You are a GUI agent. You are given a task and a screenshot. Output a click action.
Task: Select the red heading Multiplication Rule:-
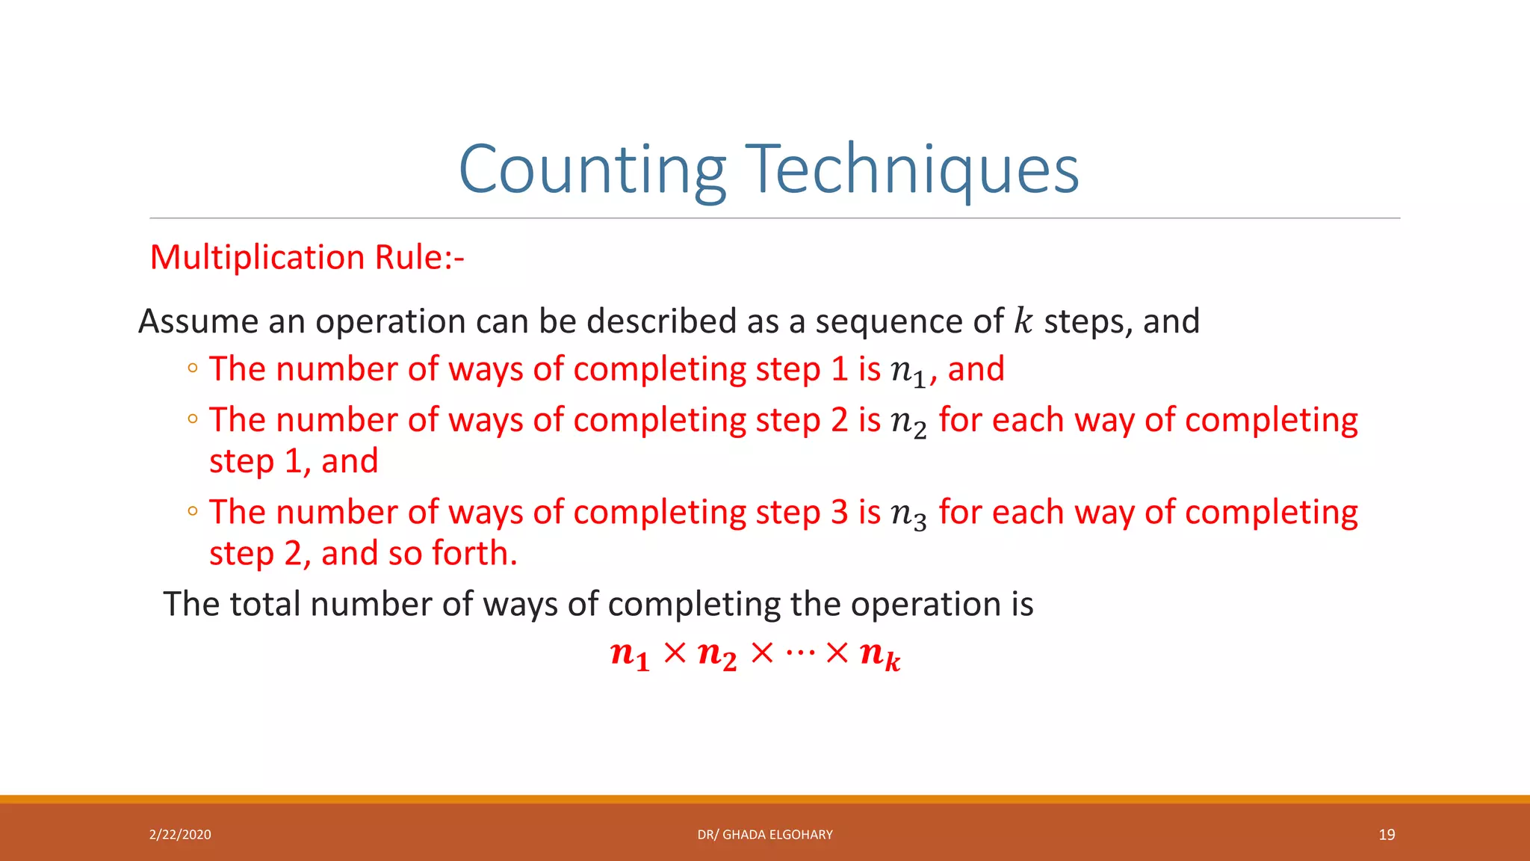[x=307, y=257]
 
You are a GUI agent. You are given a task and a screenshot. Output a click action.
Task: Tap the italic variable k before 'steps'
[x=1022, y=321]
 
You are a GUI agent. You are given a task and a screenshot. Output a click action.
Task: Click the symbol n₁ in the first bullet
[x=908, y=371]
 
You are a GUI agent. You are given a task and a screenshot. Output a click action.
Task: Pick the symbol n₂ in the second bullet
[x=908, y=422]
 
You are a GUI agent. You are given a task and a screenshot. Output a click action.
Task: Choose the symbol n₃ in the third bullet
[x=908, y=513]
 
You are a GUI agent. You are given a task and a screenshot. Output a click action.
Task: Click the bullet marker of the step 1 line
[x=193, y=368]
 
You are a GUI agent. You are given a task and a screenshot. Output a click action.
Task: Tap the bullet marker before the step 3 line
[x=193, y=511]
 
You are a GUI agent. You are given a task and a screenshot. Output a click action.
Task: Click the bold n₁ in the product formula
[x=629, y=655]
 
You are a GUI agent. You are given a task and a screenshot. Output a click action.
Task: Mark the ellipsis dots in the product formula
[x=799, y=652]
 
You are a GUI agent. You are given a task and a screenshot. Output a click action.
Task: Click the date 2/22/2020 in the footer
[x=180, y=835]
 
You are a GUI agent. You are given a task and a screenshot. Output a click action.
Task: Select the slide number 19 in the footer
[x=1387, y=835]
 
